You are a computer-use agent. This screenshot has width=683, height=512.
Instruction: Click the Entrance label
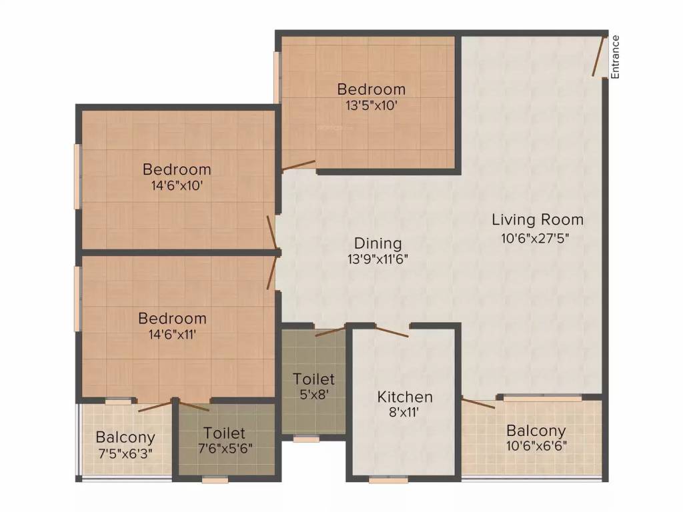615,57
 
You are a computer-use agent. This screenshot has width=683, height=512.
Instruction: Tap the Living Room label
538,219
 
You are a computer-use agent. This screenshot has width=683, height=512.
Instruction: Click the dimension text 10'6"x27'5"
536,238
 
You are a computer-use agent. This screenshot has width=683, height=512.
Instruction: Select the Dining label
378,243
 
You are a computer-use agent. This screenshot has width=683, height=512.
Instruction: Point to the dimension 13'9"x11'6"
378,259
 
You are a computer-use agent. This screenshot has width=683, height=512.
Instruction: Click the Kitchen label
405,397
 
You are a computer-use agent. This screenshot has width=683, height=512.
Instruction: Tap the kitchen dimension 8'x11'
404,412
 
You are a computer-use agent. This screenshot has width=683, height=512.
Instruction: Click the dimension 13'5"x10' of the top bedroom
371,105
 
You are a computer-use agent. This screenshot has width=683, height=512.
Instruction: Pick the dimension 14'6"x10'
177,186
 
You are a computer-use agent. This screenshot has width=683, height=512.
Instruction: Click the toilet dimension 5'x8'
313,395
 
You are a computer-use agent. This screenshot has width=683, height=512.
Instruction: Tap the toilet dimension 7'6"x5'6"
225,448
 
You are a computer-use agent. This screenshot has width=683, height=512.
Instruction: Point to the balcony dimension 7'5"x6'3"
125,453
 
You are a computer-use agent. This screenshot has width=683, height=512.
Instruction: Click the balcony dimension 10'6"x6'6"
536,446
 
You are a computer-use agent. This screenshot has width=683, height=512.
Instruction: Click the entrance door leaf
598,57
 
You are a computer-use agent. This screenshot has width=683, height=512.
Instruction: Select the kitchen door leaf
392,331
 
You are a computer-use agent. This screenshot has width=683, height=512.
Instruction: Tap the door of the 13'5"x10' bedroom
299,165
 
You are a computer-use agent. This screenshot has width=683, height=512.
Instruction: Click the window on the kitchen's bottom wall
389,480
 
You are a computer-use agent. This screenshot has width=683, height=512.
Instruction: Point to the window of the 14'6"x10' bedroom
77,176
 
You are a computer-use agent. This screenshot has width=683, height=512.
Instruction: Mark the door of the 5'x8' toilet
330,331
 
